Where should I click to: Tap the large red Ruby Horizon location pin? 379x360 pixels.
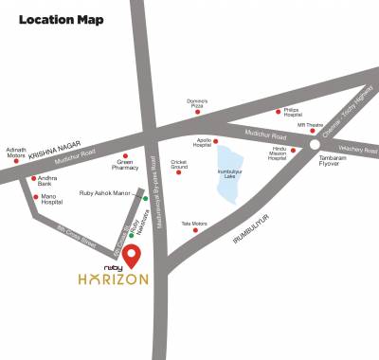134,255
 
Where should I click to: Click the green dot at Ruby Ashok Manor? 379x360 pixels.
145,198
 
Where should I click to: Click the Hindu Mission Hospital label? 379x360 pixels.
277,153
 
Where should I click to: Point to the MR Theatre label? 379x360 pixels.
312,126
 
